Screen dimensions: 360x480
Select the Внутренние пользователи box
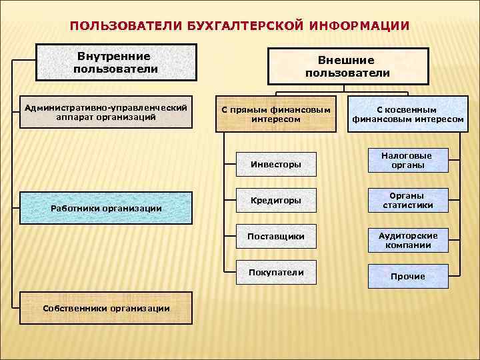115,62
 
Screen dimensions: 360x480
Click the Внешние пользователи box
347,66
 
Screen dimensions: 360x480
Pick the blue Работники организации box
106,208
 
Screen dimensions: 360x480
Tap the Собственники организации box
106,307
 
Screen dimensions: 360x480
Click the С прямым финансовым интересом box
276,114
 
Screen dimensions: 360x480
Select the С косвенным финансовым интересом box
407,114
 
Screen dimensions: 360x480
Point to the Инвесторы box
275,163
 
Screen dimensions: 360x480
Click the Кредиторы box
275,200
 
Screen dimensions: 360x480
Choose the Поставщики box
275,236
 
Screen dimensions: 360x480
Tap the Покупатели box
275,272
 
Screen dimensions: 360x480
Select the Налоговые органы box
407,161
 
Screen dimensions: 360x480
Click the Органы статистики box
407,201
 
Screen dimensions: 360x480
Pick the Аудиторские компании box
407,241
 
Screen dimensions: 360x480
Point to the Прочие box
407,276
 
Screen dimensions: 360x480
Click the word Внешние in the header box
347,60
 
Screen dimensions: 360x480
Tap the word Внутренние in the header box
114,56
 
